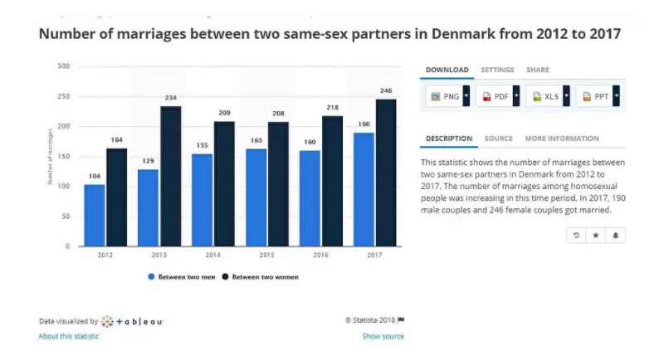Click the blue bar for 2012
coord(95,215)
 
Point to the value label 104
coord(95,177)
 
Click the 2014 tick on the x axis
coord(213,255)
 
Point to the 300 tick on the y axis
coord(64,66)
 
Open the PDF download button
coord(497,96)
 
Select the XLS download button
coord(548,96)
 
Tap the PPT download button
coord(598,96)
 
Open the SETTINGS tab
coord(497,70)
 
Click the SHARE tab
coord(537,70)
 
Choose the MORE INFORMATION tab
coord(561,139)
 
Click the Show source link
coord(383,336)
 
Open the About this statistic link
coord(69,336)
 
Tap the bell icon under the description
coord(616,236)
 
